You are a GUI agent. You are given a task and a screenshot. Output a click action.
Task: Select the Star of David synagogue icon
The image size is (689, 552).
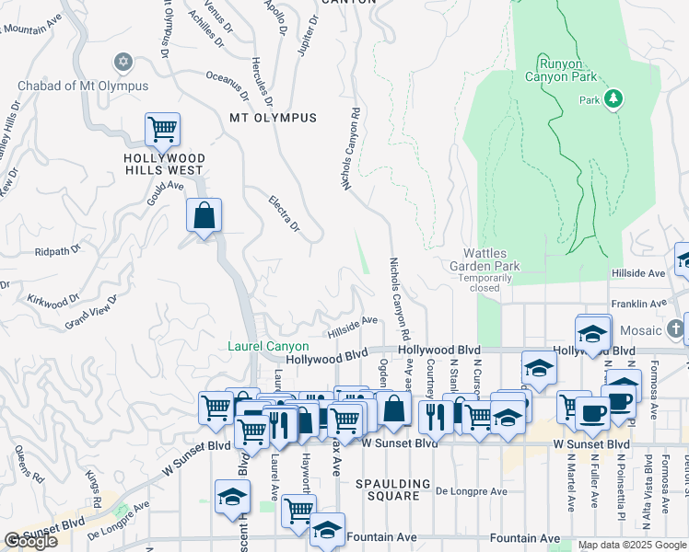pyautogui.click(x=123, y=63)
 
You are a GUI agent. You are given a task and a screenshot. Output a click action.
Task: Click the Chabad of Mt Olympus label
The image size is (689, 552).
pyautogui.click(x=83, y=86)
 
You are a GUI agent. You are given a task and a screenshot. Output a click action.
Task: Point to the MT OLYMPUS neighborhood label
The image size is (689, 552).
pyautogui.click(x=273, y=118)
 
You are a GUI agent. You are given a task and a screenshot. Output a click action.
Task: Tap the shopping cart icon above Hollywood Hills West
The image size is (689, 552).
pyautogui.click(x=162, y=130)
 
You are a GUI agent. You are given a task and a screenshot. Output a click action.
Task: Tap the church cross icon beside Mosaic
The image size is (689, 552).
pyautogui.click(x=676, y=328)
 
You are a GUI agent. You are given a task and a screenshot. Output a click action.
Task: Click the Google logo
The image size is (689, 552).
pyautogui.click(x=30, y=541)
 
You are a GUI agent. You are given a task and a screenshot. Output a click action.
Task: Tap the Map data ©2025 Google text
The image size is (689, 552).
pyautogui.click(x=632, y=545)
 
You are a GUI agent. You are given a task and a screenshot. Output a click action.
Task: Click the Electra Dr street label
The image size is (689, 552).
pyautogui.click(x=285, y=213)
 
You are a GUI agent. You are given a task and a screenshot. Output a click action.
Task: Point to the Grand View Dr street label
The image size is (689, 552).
pyautogui.click(x=92, y=313)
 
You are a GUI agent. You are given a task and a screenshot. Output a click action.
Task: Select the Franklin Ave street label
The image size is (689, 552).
pyautogui.click(x=638, y=303)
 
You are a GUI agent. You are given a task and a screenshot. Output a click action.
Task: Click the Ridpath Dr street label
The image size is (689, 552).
pyautogui.click(x=58, y=249)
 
